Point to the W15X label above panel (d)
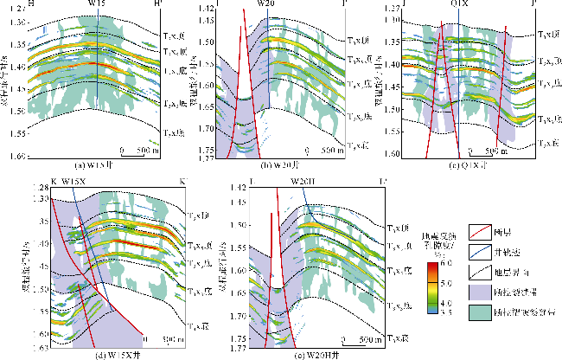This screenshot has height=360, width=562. pyautogui.click(x=75, y=182)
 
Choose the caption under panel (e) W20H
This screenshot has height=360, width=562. pyautogui.click(x=302, y=352)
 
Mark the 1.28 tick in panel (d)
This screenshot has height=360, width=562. pyautogui.click(x=38, y=188)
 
